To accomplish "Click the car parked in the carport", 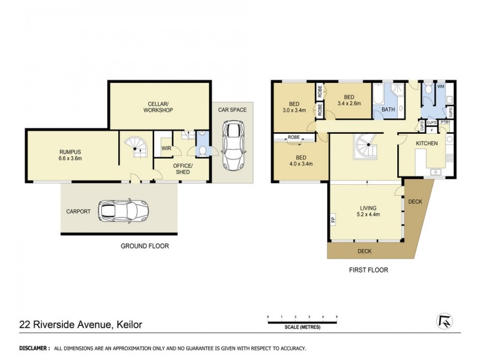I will pos(124,211).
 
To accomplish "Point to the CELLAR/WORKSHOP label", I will pos(158,107).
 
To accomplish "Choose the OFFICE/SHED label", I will pos(183,169).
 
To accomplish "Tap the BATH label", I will pos(388,110).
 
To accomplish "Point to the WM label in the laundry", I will pos(440,87).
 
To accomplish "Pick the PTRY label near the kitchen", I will pos(445,122).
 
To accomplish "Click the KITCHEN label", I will pos(427,143).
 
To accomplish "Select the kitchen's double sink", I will pos(436,173).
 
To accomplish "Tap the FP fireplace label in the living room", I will pos(332,220).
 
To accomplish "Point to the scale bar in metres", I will pos(303,322).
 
